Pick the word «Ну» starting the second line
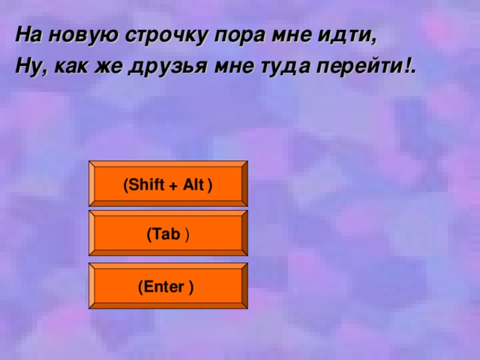27,67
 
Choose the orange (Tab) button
168,234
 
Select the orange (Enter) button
168,286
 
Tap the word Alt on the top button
193,185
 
